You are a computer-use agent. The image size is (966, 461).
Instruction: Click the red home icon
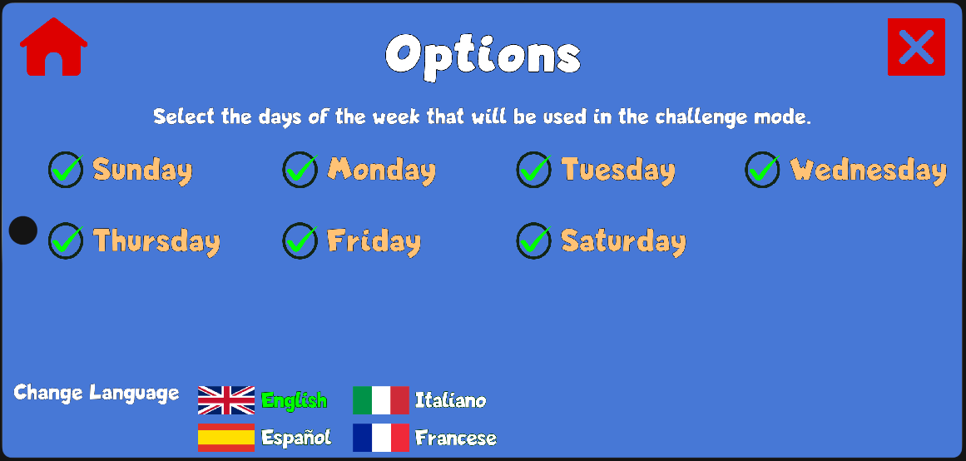(53, 47)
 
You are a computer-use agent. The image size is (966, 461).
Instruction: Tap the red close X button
(916, 47)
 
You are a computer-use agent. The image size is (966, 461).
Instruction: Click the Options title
(483, 56)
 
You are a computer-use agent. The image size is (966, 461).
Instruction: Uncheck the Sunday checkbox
(66, 170)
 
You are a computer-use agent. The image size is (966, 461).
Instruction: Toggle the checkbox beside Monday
(300, 170)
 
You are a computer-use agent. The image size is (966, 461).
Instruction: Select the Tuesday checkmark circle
(534, 170)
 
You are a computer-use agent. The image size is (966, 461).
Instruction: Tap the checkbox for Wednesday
(763, 170)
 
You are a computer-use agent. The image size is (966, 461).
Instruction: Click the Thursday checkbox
(66, 240)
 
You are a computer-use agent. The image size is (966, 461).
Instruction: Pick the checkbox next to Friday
(300, 240)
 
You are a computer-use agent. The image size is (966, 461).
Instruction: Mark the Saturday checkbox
(534, 240)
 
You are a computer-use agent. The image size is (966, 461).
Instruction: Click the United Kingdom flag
(226, 400)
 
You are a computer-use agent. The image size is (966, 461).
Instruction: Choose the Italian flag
(381, 400)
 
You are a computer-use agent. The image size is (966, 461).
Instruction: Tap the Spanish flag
(226, 438)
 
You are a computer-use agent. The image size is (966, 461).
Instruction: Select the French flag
(381, 438)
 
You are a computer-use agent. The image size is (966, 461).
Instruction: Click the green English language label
(295, 400)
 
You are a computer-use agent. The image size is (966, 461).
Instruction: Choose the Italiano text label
(450, 400)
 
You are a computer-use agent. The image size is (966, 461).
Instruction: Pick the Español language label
(296, 437)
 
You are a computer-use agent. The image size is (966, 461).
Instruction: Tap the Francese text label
(456, 438)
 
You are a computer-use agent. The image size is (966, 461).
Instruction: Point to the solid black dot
(23, 230)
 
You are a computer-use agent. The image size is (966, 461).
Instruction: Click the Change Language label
(97, 393)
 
